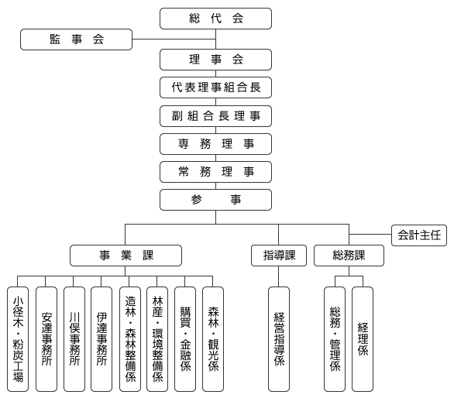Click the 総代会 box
tap(215, 19)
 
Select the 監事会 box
tap(76, 39)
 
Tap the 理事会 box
tap(215, 60)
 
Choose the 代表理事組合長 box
tap(215, 88)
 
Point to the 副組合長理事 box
tap(215, 116)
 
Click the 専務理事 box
tap(215, 144)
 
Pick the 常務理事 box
tap(215, 172)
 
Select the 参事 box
tap(215, 200)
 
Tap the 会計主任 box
tap(419, 235)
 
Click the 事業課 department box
tap(126, 256)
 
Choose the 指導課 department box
tap(279, 256)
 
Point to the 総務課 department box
tap(349, 256)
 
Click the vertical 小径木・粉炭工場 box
tap(18, 339)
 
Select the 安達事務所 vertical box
tap(46, 339)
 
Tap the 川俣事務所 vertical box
tap(74, 339)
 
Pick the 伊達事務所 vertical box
tap(101, 339)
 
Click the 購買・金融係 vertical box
tap(185, 339)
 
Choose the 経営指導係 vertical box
tap(279, 339)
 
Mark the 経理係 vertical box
tap(363, 339)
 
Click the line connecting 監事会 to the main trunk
tap(174, 39)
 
